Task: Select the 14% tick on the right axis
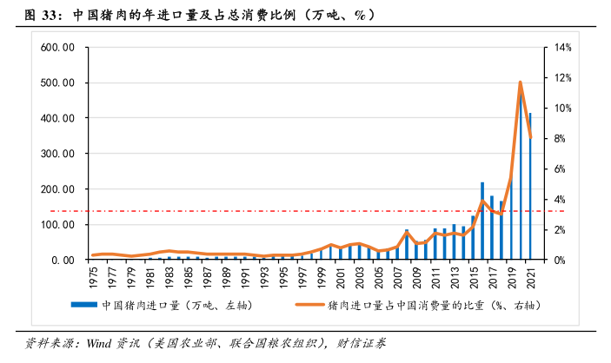[561, 47]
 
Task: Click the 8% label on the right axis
[558, 139]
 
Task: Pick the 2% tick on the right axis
[558, 230]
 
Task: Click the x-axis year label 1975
[93, 277]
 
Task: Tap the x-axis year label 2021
[530, 277]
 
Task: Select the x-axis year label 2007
[397, 277]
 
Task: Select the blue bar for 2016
[482, 221]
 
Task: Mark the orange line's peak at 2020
[521, 82]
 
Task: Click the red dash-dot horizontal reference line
[261, 211]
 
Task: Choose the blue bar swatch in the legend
[83, 306]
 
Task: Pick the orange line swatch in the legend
[309, 306]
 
